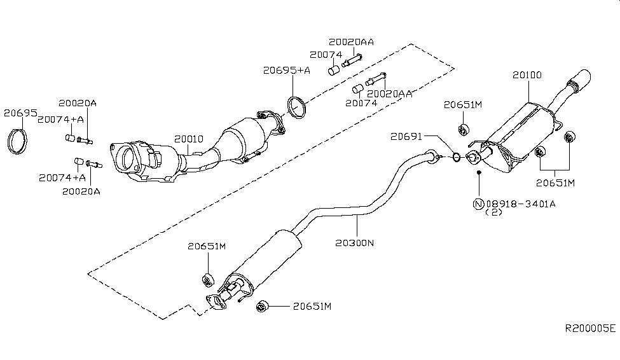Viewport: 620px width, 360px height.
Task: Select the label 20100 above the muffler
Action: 527,75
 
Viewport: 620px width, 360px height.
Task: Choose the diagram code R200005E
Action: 591,329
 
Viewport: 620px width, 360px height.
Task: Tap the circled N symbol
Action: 478,204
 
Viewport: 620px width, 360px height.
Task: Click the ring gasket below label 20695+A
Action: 295,107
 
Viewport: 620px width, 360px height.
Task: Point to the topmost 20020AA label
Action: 351,42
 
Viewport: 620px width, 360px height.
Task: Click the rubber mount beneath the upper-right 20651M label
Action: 464,130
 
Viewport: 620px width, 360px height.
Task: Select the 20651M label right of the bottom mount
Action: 312,306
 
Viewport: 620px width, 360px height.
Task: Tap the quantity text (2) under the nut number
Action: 494,213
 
